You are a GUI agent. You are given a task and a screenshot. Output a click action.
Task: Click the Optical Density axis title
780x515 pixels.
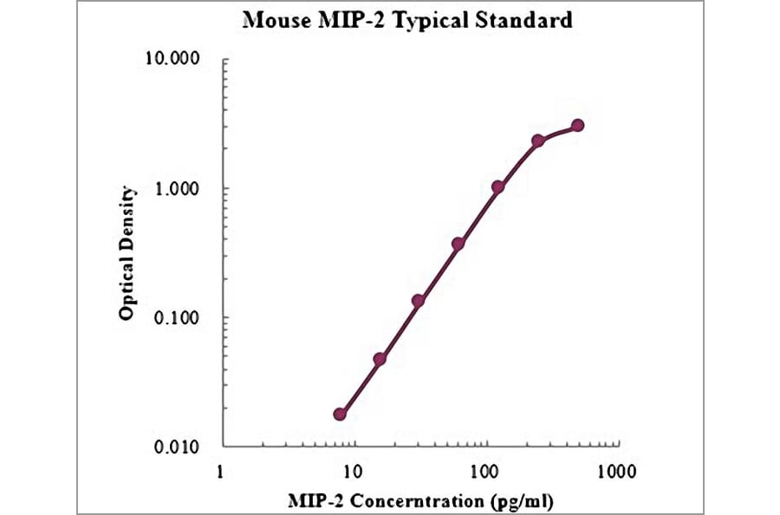pos(127,252)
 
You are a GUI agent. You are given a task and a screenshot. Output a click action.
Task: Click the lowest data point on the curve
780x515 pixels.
pos(341,414)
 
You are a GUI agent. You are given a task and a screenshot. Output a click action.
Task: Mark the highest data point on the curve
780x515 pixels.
pos(578,126)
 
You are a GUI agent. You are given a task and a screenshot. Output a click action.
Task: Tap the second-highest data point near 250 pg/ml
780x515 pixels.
pos(538,140)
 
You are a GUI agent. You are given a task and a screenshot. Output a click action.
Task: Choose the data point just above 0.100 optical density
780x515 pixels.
pos(419,301)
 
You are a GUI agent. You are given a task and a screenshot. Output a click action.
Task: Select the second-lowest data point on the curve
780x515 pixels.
pos(380,359)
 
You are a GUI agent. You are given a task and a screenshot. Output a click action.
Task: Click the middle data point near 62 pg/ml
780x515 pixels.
pos(458,244)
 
